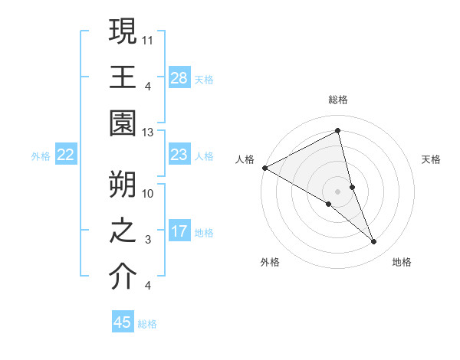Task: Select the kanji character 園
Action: click(123, 123)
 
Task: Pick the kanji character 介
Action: click(123, 277)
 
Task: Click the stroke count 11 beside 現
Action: click(149, 38)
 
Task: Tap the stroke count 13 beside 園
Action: click(149, 133)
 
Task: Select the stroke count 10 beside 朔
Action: click(149, 193)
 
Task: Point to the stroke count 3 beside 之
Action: click(148, 240)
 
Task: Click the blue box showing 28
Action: click(179, 78)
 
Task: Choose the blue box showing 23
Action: click(179, 155)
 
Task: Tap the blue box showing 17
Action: click(179, 231)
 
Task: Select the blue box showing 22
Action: click(66, 155)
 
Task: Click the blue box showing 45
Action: click(123, 322)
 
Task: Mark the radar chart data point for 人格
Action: click(264, 168)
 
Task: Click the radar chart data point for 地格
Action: click(374, 242)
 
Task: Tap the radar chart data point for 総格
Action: click(337, 131)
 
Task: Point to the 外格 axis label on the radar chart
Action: click(270, 262)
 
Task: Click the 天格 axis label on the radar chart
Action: click(432, 159)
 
